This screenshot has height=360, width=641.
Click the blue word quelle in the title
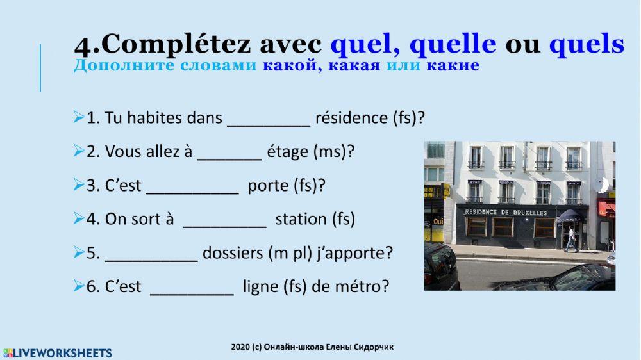point(453,44)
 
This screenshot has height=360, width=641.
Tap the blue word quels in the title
point(587,44)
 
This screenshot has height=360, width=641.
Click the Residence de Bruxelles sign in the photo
point(506,211)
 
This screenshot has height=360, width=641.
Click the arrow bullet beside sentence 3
point(79,186)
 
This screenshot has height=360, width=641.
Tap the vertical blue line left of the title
point(40,67)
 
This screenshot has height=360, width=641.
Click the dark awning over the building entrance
point(569,216)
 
